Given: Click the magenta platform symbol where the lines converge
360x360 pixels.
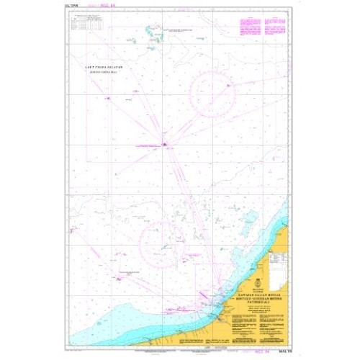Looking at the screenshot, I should (x=166, y=144).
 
